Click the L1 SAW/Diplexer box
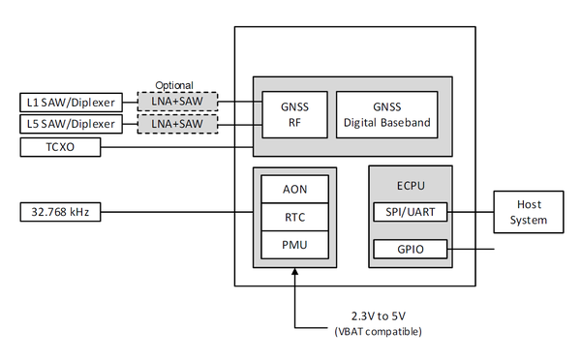tap(69, 101)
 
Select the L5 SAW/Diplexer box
tap(69, 124)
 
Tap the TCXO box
tap(59, 147)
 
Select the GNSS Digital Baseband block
tap(386, 115)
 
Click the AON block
tap(294, 190)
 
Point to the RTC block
tap(294, 218)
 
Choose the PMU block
tap(294, 246)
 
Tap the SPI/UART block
tap(410, 212)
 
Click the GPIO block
tap(410, 250)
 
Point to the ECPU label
tap(410, 181)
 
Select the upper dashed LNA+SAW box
tap(176, 101)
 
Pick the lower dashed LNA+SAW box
tap(176, 124)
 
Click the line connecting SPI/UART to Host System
tap(471, 212)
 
